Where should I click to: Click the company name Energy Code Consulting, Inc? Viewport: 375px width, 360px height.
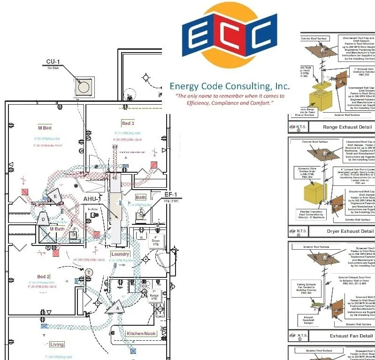[x=230, y=86]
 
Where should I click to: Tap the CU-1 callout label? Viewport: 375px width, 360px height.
[x=53, y=61]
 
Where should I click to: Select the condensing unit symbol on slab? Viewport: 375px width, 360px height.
[x=84, y=86]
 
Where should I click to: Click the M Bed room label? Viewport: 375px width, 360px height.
[x=45, y=128]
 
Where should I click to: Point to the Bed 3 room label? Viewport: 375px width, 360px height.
[x=128, y=123]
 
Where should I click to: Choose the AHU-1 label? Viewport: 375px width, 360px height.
[x=92, y=199]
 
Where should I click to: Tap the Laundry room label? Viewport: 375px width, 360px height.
[x=120, y=254]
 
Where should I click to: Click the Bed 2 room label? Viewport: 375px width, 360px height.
[x=44, y=277]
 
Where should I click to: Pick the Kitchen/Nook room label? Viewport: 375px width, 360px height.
[x=141, y=334]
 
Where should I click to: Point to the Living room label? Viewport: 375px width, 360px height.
[x=57, y=345]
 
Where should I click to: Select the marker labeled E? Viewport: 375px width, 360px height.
[x=55, y=196]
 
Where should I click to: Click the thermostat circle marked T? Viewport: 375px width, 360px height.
[x=89, y=272]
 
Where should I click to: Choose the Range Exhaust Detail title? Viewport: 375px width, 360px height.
[x=347, y=127]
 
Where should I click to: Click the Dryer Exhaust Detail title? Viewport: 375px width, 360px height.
[x=350, y=231]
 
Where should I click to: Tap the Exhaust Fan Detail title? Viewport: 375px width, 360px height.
[x=351, y=336]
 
